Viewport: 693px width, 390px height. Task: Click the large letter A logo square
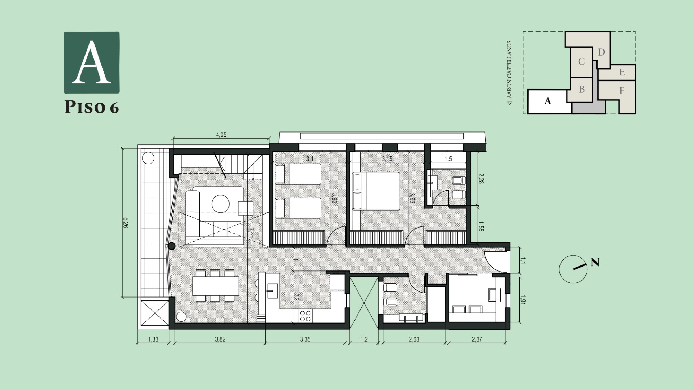tap(92, 62)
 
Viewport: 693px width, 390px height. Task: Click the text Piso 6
tap(92, 107)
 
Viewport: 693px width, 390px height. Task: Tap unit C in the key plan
tap(581, 62)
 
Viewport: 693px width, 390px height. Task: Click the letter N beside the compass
tap(595, 263)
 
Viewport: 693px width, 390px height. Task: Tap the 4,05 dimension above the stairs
tap(221, 135)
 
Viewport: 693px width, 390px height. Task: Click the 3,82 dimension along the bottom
tap(220, 339)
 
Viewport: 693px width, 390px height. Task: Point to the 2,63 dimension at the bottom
tap(414, 339)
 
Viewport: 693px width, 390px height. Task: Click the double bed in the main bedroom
tap(376, 191)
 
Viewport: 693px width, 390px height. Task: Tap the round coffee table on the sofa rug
tap(221, 204)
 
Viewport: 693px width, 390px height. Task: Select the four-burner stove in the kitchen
tap(305, 316)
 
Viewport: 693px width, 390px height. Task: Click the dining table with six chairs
tap(216, 286)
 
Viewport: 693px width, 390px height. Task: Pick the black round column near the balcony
tap(172, 246)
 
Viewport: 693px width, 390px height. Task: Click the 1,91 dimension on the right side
tap(523, 300)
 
